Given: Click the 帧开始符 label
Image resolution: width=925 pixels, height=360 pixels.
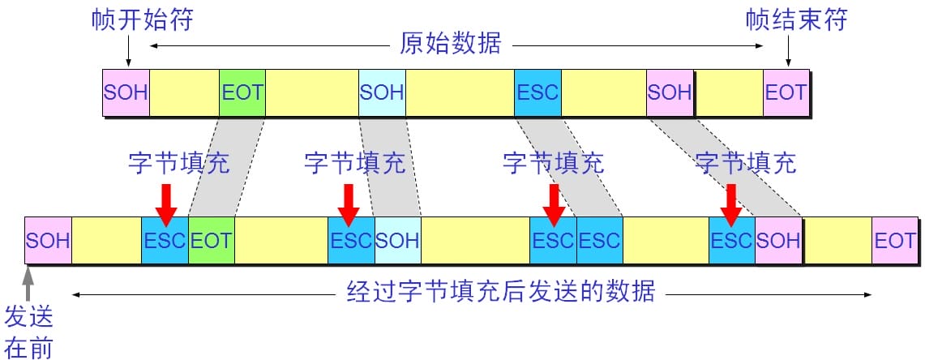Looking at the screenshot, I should click(142, 20).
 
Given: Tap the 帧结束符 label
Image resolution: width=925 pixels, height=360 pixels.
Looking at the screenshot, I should click(796, 20).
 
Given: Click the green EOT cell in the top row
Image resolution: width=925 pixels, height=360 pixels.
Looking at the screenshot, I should click(242, 92).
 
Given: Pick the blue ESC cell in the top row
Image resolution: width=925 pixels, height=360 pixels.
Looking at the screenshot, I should click(537, 92).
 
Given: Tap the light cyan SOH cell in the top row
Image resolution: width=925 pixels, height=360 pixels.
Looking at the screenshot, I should click(382, 92).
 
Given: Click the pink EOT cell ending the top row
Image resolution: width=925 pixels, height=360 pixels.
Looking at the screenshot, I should click(786, 92).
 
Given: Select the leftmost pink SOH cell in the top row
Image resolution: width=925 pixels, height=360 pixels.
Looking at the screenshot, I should click(126, 92).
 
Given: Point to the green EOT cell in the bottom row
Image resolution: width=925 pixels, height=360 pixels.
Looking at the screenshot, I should click(211, 241).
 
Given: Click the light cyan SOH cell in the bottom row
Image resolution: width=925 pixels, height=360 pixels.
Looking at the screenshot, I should click(397, 241).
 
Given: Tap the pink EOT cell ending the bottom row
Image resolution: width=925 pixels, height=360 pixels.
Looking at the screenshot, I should click(894, 241).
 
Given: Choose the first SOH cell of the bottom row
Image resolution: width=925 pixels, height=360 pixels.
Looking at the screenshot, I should click(48, 241).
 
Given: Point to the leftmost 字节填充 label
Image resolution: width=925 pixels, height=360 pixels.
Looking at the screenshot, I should click(178, 162).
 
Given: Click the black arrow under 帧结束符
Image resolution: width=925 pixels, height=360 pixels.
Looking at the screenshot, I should click(787, 53).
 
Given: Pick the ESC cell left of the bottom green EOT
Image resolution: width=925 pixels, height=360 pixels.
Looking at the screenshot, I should click(165, 241).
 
